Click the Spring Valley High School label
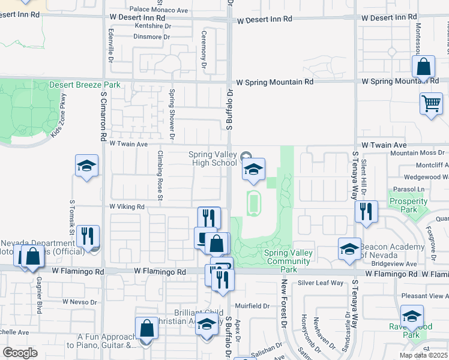pos(213,158)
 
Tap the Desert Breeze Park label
pos(85,85)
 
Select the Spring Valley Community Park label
pos(289,261)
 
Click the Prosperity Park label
pos(403,206)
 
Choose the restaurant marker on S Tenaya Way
pos(366,212)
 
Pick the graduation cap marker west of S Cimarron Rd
pos(86,166)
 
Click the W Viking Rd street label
pos(127,206)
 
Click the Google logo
pos(20,353)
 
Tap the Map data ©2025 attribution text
pos(423,355)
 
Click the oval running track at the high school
pos(254,203)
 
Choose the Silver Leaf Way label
pos(321,282)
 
